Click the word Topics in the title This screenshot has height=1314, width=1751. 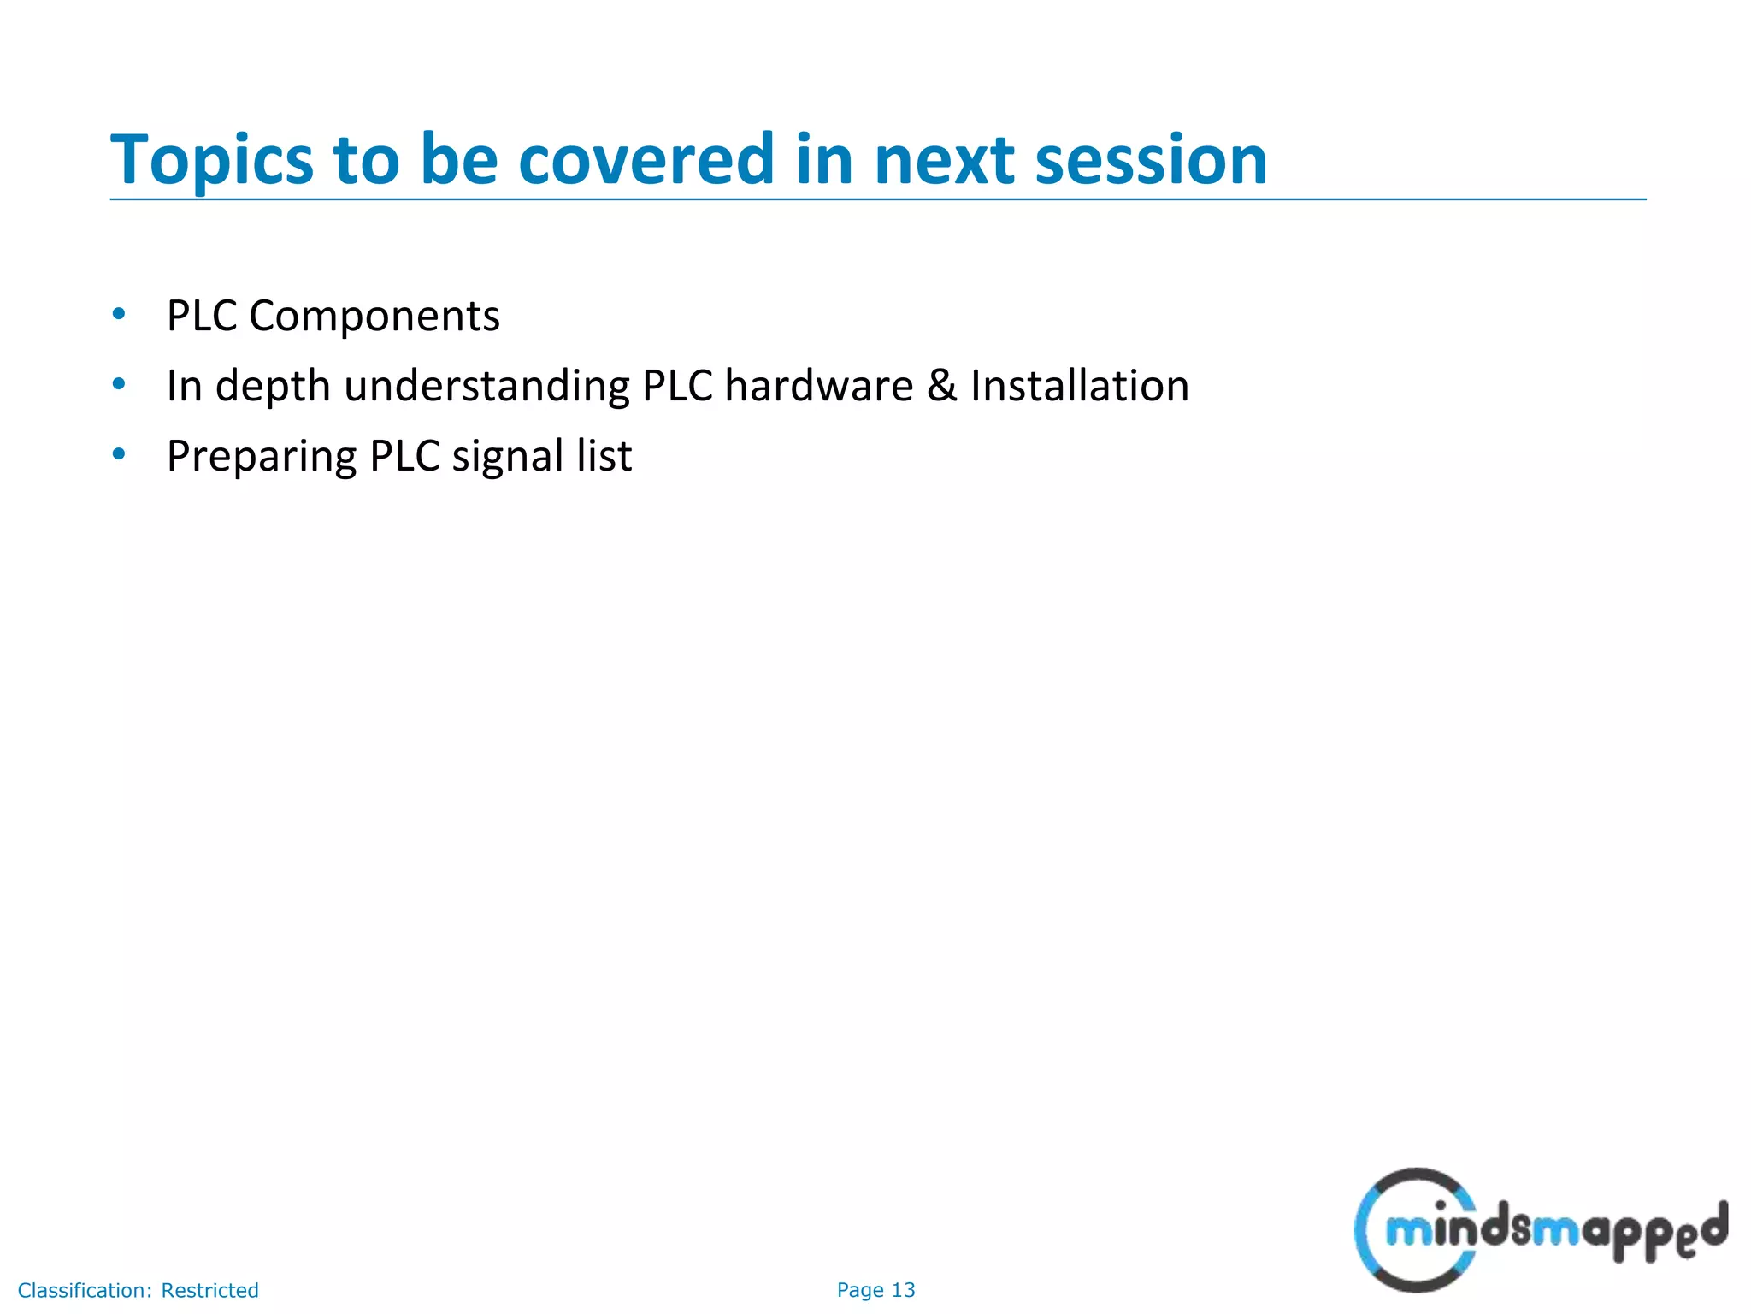click(x=211, y=161)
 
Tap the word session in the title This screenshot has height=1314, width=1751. click(x=1151, y=161)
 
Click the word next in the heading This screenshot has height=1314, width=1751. click(x=942, y=161)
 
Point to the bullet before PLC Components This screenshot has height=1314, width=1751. click(x=119, y=314)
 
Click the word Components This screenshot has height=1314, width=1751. click(x=374, y=317)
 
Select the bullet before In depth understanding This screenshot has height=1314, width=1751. click(x=119, y=384)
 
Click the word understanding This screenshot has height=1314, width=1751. click(x=486, y=386)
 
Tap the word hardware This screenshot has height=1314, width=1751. click(x=818, y=386)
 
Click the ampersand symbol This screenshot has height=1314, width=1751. click(x=941, y=386)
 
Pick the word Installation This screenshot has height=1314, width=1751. click(x=1079, y=386)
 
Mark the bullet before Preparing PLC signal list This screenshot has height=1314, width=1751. click(x=119, y=454)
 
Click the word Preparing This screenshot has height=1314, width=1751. click(x=261, y=457)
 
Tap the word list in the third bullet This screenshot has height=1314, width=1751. click(x=604, y=455)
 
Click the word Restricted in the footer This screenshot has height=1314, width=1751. click(x=209, y=1290)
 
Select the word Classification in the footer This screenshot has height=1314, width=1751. click(x=84, y=1290)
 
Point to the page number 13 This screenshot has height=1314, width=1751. click(x=903, y=1290)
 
